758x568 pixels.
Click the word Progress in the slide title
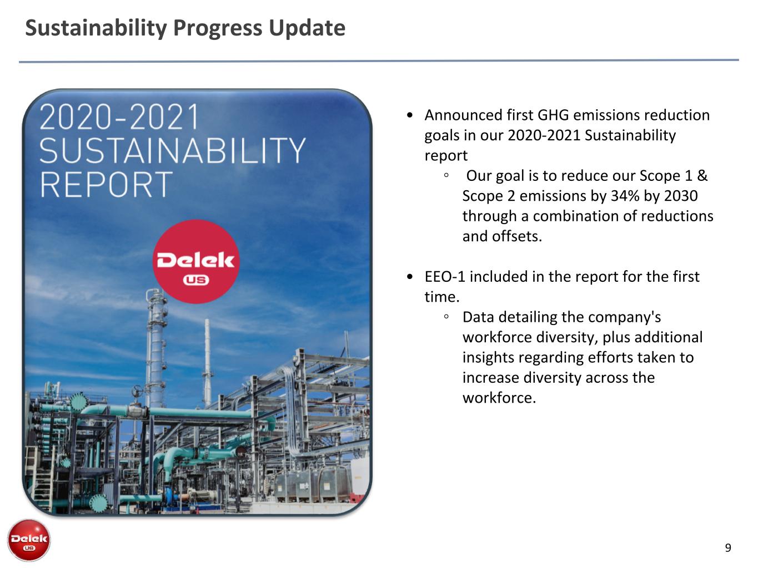pos(218,28)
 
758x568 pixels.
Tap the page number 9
pos(728,547)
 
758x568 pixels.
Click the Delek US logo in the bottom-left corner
pos(29,540)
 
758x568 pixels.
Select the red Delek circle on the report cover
pos(196,261)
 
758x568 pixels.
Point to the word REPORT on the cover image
pos(106,185)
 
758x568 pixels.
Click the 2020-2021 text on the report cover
pos(119,116)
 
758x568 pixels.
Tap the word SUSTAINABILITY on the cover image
pos(173,150)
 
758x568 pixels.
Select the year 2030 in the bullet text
pos(681,196)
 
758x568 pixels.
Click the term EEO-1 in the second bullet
pos(445,277)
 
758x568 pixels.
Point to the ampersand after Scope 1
pos(702,175)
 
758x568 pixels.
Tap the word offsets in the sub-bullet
pos(517,236)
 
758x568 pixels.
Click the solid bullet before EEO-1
pos(410,277)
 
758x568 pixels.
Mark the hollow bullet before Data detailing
pos(446,316)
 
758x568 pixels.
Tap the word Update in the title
pos(307,28)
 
